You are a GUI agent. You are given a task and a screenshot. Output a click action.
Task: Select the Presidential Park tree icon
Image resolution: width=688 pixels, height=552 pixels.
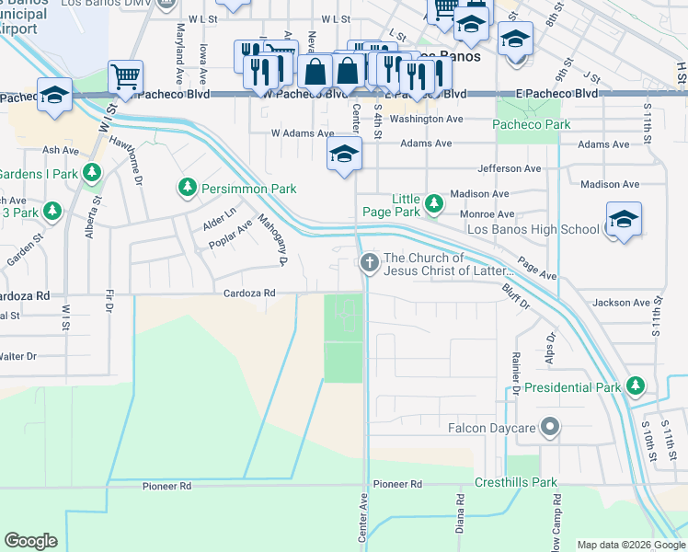[x=635, y=387]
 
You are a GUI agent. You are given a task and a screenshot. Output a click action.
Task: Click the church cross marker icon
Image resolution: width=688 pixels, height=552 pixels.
[x=370, y=264]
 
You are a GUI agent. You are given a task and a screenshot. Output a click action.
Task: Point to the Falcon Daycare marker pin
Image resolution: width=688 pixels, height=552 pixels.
[x=550, y=427]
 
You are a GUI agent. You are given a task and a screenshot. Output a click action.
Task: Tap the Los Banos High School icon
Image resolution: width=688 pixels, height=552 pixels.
[x=624, y=220]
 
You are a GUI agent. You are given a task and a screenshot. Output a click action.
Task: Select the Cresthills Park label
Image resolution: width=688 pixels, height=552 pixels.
[x=516, y=482]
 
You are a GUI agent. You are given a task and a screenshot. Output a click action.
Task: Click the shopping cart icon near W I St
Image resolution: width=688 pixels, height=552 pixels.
[x=125, y=75]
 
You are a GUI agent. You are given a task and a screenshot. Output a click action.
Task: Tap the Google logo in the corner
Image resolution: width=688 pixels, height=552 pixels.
[x=30, y=541]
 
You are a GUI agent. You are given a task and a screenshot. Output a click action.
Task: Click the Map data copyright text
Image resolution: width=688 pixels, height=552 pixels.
[x=629, y=545]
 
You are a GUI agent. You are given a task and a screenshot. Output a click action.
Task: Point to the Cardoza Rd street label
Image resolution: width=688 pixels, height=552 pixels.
[x=249, y=293]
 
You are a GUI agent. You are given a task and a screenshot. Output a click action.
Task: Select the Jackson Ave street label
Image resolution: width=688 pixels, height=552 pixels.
[x=621, y=303]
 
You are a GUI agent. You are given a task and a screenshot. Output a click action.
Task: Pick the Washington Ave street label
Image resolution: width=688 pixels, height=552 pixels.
[x=426, y=120]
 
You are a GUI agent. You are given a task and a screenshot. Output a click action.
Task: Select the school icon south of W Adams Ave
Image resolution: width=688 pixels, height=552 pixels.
[x=344, y=154]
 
